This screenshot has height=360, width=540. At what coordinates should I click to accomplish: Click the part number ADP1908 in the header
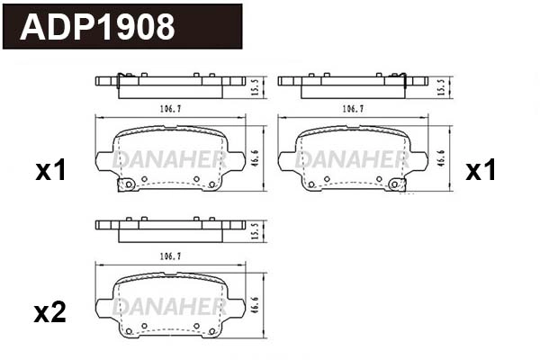point(97,27)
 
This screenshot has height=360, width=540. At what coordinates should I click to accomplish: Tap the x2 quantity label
point(50,312)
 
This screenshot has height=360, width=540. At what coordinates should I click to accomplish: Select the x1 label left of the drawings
point(50,171)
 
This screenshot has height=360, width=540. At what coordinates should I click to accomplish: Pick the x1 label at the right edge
point(481,171)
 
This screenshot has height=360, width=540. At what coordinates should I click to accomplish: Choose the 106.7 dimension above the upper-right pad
point(353,109)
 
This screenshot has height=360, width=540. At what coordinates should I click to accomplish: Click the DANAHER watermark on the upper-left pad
point(168,160)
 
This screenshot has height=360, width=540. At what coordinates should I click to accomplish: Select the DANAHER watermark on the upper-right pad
point(353,160)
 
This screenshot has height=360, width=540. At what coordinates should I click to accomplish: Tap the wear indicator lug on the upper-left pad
point(128,184)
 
